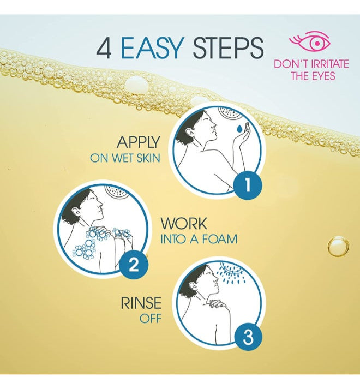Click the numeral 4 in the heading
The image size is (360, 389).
104,49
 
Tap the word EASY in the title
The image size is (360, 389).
152,48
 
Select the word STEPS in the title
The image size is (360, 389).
228,48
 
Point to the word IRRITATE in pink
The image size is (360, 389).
330,64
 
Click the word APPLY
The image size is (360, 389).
139,142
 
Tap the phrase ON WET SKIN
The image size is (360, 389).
125,158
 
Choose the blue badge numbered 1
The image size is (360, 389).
248,185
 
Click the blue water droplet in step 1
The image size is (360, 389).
239,129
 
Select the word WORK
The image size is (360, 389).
184,224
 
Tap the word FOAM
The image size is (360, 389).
220,239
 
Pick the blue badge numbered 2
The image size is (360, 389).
134,265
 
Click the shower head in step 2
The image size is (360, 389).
117,192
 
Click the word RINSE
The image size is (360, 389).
141,303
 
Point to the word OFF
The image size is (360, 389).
151,319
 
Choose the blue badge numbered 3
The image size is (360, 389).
248,337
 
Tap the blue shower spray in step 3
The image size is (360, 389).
231,273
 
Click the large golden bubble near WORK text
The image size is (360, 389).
338,247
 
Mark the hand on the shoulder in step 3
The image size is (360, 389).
217,303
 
